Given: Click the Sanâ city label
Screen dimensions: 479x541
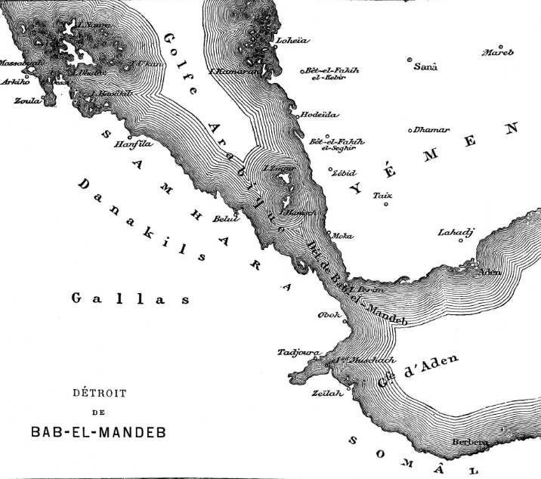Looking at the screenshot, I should pyautogui.click(x=427, y=66).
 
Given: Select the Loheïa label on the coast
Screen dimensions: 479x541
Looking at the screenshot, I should pyautogui.click(x=294, y=40).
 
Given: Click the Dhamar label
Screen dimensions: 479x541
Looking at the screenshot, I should pyautogui.click(x=431, y=130).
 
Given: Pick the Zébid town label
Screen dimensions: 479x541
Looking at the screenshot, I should pyautogui.click(x=345, y=172).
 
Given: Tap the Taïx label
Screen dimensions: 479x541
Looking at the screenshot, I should pyautogui.click(x=382, y=195).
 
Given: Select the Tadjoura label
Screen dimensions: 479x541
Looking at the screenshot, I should pyautogui.click(x=299, y=353).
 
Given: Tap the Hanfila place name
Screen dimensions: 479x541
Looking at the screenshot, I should pyautogui.click(x=131, y=143).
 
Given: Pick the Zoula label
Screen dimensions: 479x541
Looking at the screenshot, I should pyautogui.click(x=27, y=100).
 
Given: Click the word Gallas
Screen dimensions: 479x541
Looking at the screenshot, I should pyautogui.click(x=130, y=299).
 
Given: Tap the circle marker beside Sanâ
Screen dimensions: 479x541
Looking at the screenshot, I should pyautogui.click(x=410, y=60).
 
